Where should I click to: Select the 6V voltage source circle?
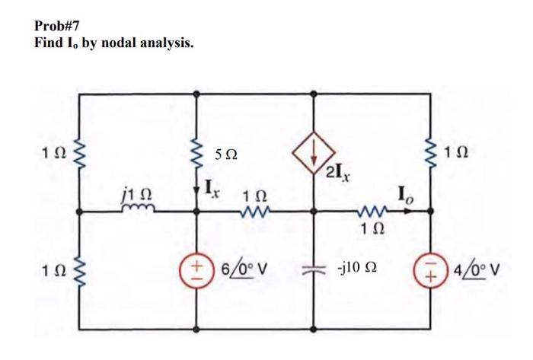coord(196,271)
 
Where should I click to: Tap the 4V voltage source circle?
coord(429,271)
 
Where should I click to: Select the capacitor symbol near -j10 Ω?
coord(313,271)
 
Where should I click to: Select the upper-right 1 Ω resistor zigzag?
coord(429,156)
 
